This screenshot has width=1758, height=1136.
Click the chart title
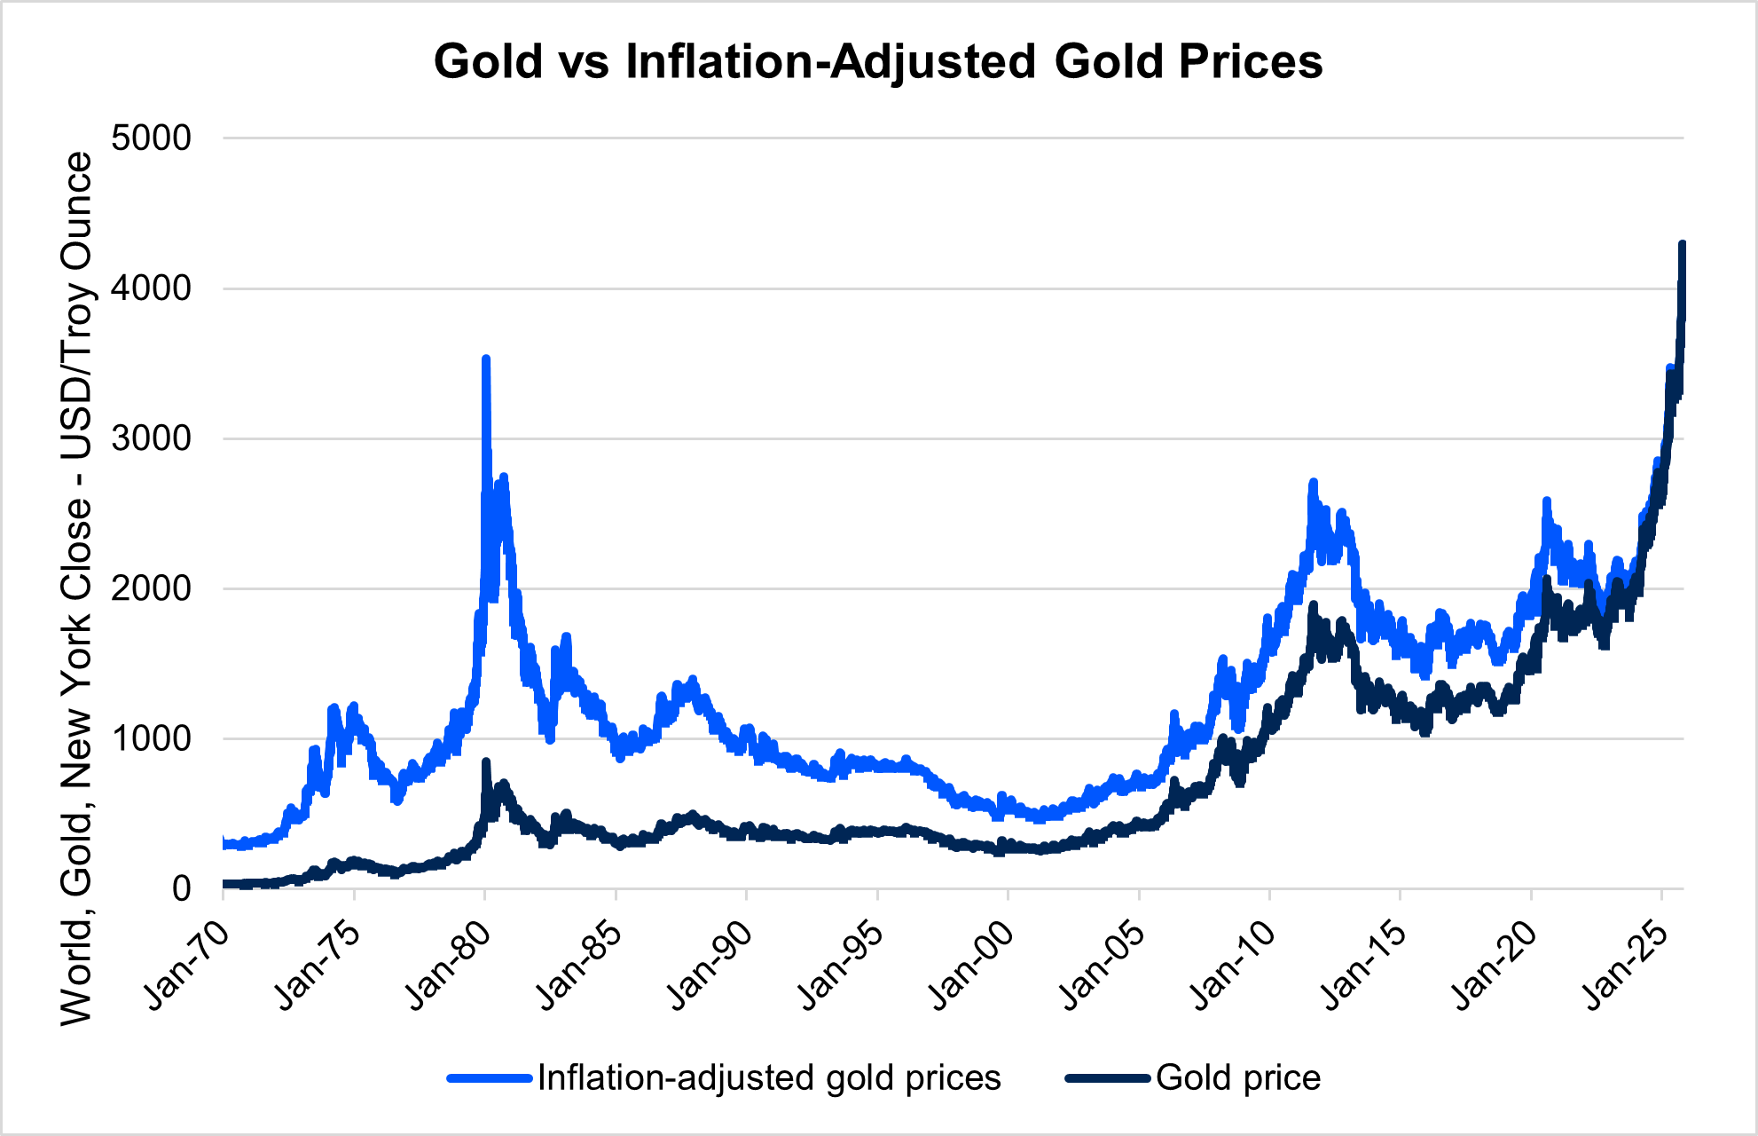coord(878,62)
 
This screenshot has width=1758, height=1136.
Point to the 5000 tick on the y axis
coord(151,138)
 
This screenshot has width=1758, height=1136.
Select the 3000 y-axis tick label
coord(151,438)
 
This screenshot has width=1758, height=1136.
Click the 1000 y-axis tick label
coord(151,738)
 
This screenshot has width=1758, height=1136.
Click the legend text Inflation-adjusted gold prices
coord(769,1078)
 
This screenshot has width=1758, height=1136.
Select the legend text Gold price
coord(1238,1078)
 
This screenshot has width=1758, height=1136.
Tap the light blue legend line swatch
coord(491,1078)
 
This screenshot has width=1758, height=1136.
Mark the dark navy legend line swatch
coord(1109,1078)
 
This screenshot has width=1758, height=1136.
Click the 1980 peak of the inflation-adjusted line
coord(485,359)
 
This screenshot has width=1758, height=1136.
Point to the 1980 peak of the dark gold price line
coord(485,762)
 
